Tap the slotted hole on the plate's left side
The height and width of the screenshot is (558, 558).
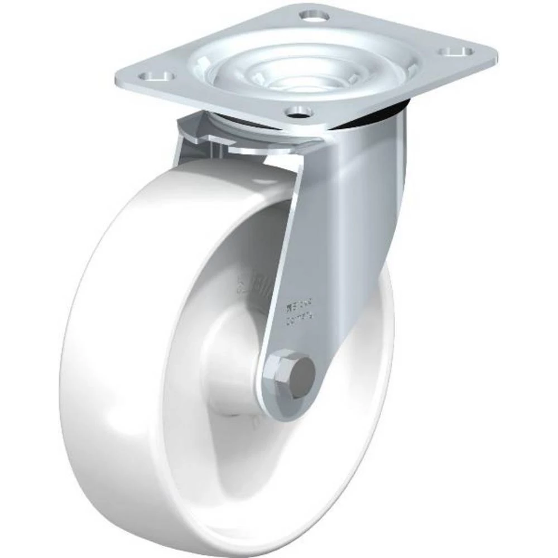click(x=158, y=75)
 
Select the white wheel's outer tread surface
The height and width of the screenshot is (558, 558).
click(x=89, y=363)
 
